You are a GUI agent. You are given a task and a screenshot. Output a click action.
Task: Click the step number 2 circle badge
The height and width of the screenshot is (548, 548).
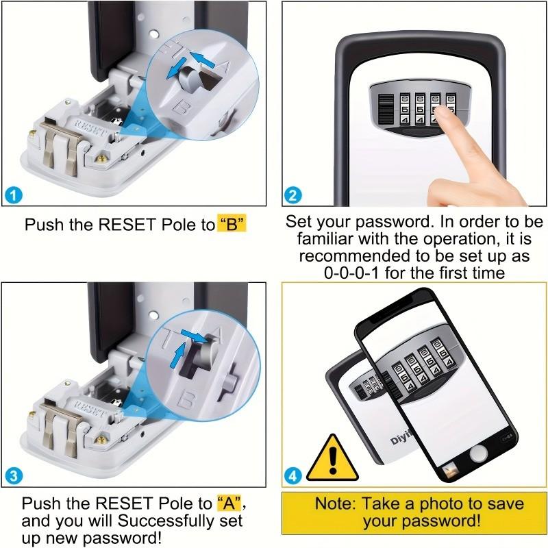pyautogui.click(x=293, y=196)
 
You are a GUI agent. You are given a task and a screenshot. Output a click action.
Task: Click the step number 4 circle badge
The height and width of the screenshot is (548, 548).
pyautogui.click(x=293, y=475)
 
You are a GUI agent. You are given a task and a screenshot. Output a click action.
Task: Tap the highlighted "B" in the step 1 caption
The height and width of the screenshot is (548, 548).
pyautogui.click(x=232, y=225)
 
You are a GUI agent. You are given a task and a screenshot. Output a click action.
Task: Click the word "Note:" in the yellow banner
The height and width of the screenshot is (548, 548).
pyautogui.click(x=335, y=504)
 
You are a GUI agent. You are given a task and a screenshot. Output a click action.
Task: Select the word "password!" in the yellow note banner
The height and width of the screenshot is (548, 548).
pyautogui.click(x=443, y=521)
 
